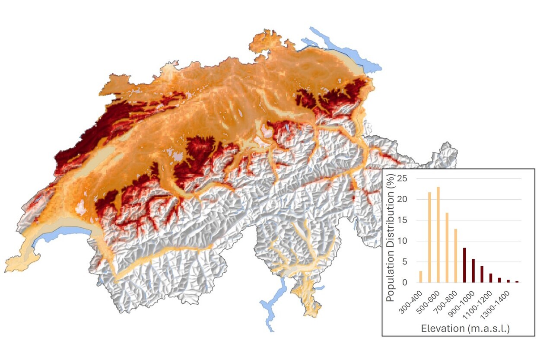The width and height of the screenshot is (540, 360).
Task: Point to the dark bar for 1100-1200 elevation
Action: point(491,278)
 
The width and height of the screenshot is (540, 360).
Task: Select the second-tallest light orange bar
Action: point(429,237)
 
